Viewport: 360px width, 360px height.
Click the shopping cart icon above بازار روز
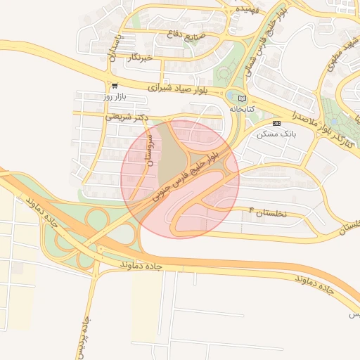pos(114,86)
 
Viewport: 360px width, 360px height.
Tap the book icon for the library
pos(243,98)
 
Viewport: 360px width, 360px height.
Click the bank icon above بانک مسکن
pos(276,122)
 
